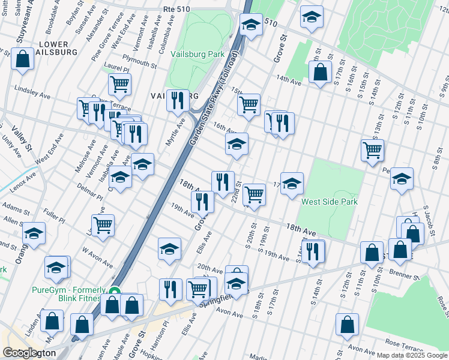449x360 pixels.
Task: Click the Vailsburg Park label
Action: tap(197, 54)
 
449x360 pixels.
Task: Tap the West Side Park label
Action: tap(330, 202)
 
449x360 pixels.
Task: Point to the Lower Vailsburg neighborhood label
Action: tap(57, 48)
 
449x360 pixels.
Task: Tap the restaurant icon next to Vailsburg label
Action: tap(176, 101)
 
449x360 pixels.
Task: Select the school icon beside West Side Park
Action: tap(292, 184)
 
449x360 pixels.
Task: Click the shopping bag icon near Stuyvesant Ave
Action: tap(22, 59)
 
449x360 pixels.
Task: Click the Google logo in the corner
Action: tap(20, 353)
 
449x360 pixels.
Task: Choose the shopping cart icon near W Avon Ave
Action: tap(103, 226)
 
